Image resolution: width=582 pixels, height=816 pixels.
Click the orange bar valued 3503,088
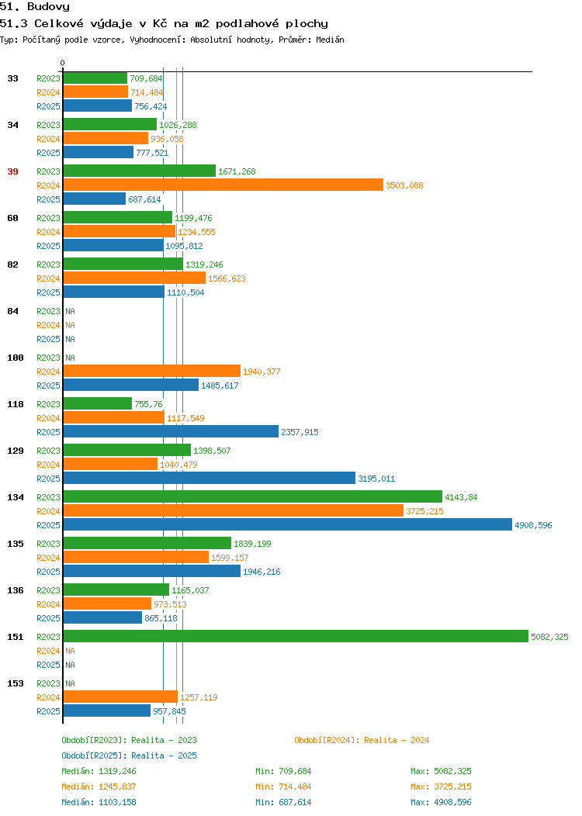click(x=223, y=185)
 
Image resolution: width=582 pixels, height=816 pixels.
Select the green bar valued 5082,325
click(x=296, y=636)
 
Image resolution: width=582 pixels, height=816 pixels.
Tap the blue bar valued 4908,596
click(x=288, y=524)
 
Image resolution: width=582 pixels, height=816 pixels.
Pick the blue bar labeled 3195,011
click(x=210, y=478)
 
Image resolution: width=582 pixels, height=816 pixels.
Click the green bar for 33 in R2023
click(x=95, y=78)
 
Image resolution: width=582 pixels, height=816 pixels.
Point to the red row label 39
click(x=12, y=171)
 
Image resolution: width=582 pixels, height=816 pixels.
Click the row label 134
click(x=15, y=497)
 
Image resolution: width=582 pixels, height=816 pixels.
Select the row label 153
click(x=15, y=683)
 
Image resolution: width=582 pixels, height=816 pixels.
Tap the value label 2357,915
click(x=300, y=432)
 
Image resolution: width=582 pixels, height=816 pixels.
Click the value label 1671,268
click(x=237, y=171)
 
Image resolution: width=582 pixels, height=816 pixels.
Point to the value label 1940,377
click(x=262, y=372)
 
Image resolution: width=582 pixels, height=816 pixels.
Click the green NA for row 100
click(x=71, y=358)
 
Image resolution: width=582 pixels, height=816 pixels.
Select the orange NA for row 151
click(x=71, y=651)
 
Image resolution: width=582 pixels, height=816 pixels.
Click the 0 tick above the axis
click(x=63, y=63)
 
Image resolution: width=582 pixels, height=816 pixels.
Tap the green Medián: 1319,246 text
click(x=99, y=771)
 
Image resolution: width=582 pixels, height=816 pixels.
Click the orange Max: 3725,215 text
click(x=441, y=787)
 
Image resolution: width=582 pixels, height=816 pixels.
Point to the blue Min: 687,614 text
click(x=283, y=803)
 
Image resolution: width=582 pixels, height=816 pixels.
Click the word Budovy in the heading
click(x=48, y=7)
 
